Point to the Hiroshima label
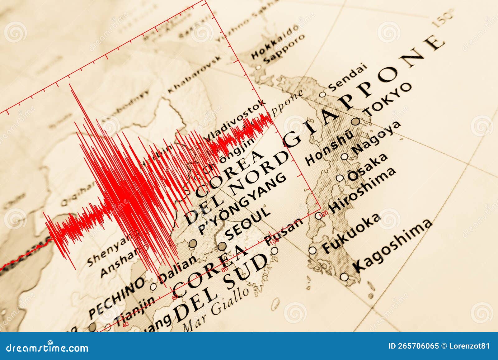363,190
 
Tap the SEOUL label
248,224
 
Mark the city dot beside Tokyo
356,121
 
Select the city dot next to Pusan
274,251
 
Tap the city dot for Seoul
222,246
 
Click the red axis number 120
326,212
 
